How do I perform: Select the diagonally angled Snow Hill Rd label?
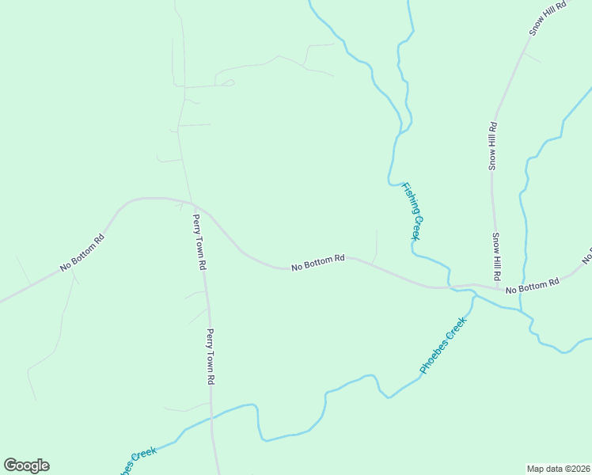[549, 17]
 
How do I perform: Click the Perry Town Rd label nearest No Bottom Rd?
[198, 242]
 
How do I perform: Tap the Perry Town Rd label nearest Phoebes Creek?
[211, 357]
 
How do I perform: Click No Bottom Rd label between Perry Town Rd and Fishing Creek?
[318, 262]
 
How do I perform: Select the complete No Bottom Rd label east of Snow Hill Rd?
[533, 285]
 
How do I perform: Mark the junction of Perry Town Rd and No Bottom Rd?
[192, 203]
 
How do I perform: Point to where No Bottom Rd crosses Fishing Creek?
[450, 287]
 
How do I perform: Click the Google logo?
[26, 465]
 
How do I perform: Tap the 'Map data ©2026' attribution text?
[558, 468]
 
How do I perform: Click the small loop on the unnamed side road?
[228, 82]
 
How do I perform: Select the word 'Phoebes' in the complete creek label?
[436, 355]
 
